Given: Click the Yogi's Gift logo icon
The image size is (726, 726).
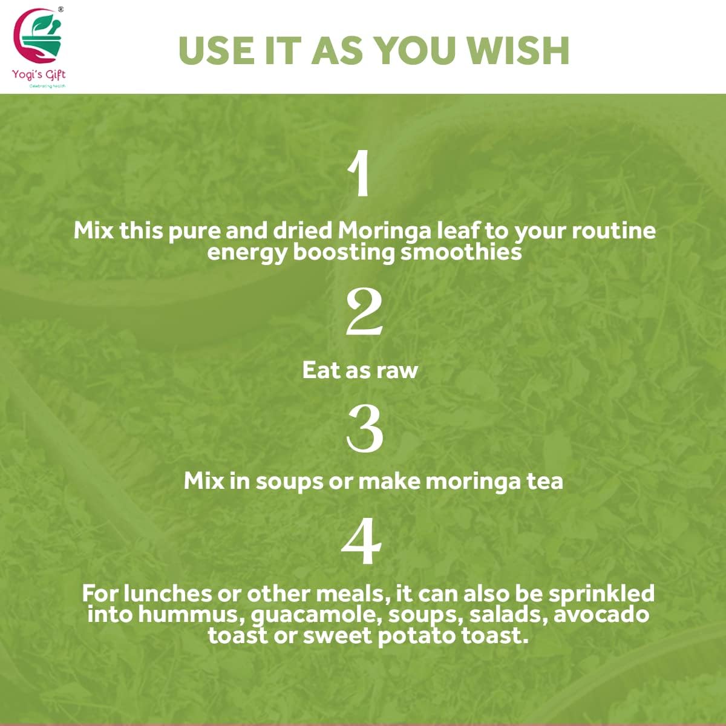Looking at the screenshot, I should point(39,38).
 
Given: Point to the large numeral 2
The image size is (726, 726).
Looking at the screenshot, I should point(364,313).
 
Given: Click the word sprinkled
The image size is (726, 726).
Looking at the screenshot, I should point(601,594).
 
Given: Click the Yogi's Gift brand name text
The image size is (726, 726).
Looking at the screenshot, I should point(39,74).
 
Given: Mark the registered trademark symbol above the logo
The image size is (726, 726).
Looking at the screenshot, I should point(60,9).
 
